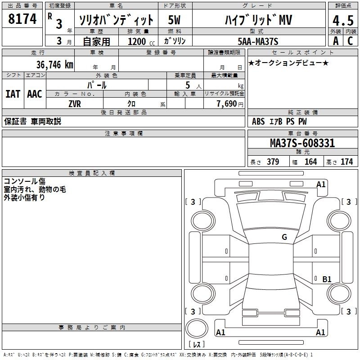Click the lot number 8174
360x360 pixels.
pos(22,19)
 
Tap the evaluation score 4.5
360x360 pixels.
pos(343,20)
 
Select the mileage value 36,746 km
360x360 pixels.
pos(55,65)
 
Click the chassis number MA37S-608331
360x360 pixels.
pos(302,143)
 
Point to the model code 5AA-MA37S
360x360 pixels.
pos(258,41)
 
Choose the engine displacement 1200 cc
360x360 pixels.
pos(141,41)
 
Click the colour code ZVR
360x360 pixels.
pos(75,104)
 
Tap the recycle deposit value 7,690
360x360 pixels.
pos(227,104)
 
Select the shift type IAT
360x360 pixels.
pos(13,94)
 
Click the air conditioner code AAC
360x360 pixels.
pos(35,94)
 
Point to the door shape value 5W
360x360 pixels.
pos(174,20)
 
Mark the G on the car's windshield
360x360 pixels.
pos(284,237)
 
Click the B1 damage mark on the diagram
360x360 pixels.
pos(327,279)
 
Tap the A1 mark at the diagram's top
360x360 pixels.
pos(321,184)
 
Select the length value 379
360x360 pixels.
pos(273,162)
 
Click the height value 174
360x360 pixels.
pos(346,162)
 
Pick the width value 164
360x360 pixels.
pos(310,162)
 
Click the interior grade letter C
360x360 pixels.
pos(350,41)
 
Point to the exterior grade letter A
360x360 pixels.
pos(336,41)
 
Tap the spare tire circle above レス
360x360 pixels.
pos(197,328)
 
